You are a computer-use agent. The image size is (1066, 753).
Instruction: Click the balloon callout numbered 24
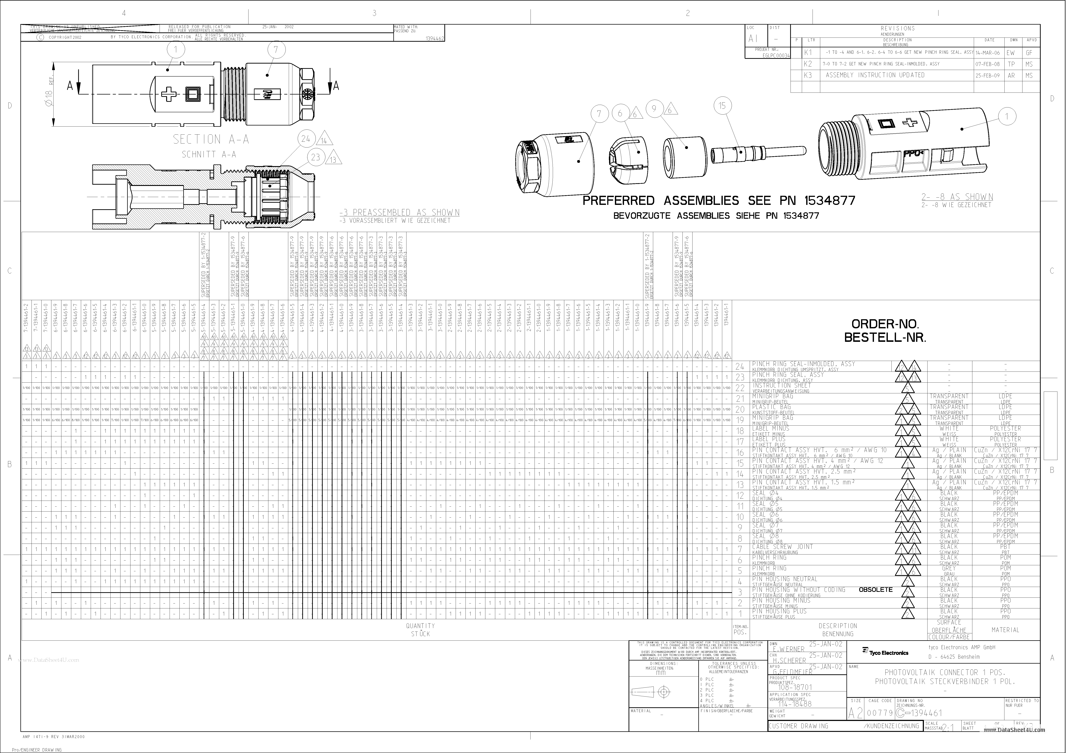(306, 139)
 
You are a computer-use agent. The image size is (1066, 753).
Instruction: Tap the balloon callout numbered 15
(722, 106)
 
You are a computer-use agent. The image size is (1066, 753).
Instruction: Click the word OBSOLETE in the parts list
(876, 590)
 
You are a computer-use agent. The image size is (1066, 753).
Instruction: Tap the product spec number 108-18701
(795, 687)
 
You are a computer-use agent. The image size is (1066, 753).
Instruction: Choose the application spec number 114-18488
(795, 703)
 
